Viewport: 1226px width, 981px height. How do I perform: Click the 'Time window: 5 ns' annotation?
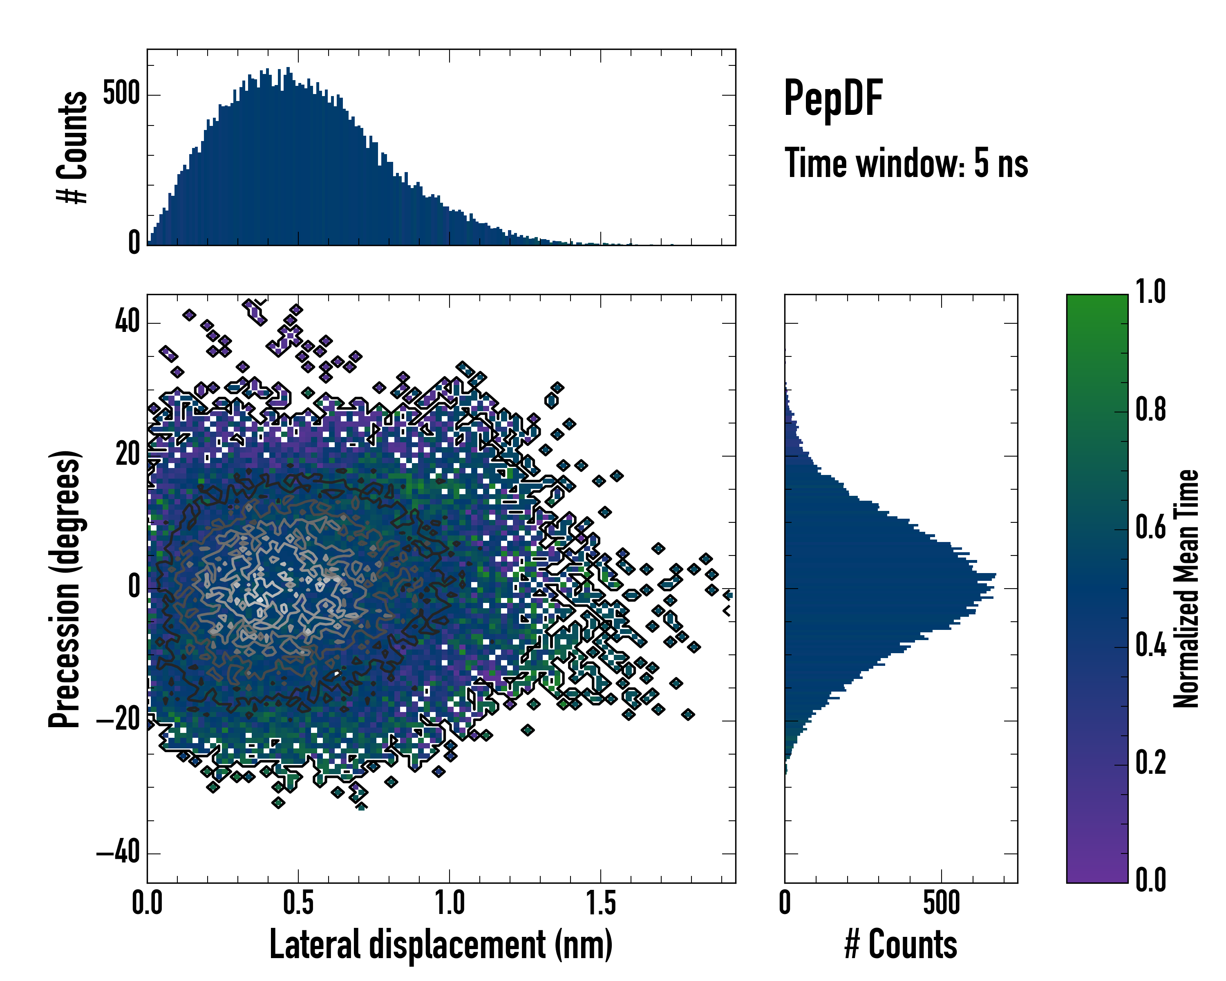click(906, 163)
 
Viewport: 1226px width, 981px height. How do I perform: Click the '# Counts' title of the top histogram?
click(72, 147)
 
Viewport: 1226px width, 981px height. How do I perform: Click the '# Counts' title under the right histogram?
click(901, 945)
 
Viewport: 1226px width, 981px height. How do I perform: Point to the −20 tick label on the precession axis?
click(118, 721)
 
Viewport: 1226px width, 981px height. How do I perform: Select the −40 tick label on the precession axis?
click(118, 853)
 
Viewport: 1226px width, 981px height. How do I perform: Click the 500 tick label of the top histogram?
click(121, 94)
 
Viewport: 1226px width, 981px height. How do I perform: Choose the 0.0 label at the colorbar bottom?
click(1150, 881)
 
